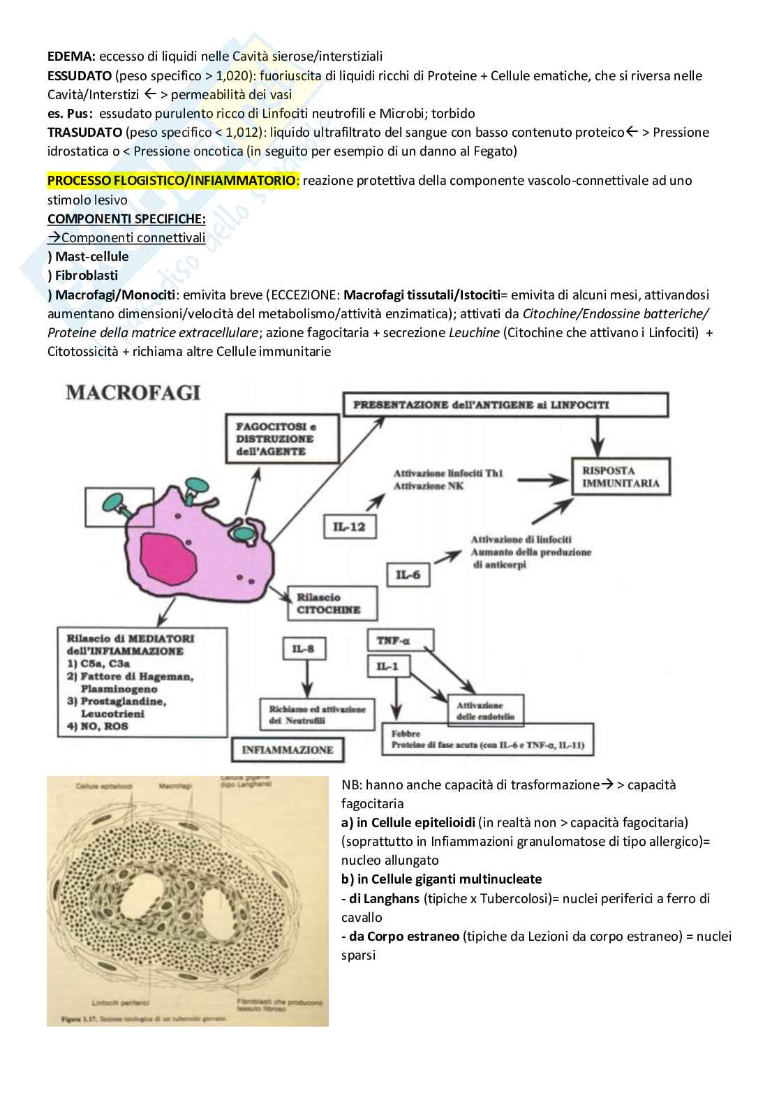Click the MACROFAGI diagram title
pyautogui.click(x=133, y=392)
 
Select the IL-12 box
pyautogui.click(x=349, y=527)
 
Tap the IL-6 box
pyautogui.click(x=408, y=575)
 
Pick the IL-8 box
pyautogui.click(x=304, y=650)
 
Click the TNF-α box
pyautogui.click(x=400, y=640)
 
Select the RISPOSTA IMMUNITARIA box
pyautogui.click(x=621, y=477)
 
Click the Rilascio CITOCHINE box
pyautogui.click(x=332, y=603)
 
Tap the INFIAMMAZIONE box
pyautogui.click(x=288, y=750)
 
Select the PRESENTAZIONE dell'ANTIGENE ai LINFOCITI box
pyautogui.click(x=505, y=405)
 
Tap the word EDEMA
pyautogui.click(x=70, y=57)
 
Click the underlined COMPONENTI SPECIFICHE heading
pyautogui.click(x=126, y=219)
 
